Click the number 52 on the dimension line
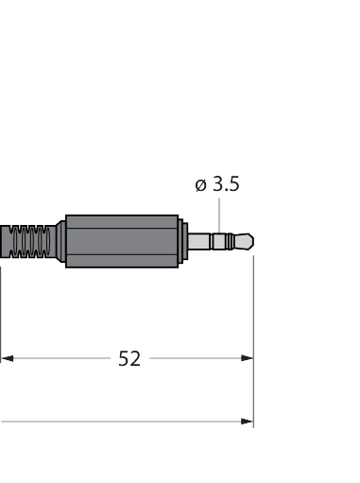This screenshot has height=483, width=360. [x=129, y=358]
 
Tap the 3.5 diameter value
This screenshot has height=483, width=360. [x=226, y=183]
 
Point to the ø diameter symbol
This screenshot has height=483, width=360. [x=200, y=185]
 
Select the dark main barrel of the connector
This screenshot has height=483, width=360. [x=122, y=241]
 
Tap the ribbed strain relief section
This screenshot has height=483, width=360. [x=30, y=242]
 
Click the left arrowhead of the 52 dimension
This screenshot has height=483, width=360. [x=7, y=358]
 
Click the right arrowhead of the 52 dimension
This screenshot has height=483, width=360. [x=247, y=358]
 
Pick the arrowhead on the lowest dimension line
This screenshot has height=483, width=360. [x=247, y=422]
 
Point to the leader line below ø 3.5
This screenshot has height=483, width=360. [x=219, y=216]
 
